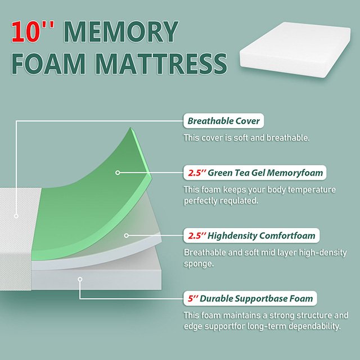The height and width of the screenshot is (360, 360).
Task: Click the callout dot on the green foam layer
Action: [118, 173]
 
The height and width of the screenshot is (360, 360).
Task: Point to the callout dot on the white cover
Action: [17, 215]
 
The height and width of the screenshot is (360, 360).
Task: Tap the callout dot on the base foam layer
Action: [80, 278]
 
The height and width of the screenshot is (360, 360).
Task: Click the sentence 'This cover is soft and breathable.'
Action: [239, 138]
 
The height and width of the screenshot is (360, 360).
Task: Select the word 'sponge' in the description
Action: [198, 263]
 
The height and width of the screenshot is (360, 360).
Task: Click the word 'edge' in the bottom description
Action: [193, 326]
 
